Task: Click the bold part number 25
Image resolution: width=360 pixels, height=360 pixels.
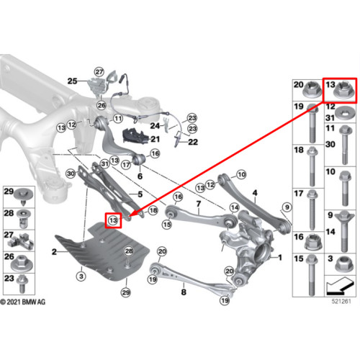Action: (72, 81)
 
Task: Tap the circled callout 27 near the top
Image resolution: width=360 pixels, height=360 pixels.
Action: (99, 72)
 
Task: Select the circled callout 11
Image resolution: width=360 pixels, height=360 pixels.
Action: (118, 119)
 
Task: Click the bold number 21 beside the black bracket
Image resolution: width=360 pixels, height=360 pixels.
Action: (155, 139)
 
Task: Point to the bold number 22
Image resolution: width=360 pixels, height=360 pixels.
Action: (193, 142)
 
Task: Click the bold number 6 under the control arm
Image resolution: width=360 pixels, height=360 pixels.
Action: (140, 176)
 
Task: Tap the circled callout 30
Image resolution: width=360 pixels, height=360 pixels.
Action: (71, 174)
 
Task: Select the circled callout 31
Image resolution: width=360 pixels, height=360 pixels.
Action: (104, 164)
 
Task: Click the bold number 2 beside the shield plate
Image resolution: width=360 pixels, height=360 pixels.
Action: (55, 252)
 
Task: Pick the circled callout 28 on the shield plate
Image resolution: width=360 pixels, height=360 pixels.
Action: (129, 251)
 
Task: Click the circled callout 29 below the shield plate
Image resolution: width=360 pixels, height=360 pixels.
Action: (126, 292)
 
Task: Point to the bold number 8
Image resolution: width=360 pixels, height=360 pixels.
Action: (184, 292)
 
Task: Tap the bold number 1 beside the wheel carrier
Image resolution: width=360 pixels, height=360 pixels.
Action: (280, 258)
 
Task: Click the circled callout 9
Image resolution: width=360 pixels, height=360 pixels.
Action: (287, 207)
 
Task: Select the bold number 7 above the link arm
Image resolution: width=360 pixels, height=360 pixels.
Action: (199, 204)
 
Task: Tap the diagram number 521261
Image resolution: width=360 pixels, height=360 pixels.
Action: (341, 301)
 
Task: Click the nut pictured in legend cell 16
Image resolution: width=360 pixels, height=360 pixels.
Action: (313, 243)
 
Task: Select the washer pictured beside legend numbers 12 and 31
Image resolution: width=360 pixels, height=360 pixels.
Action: (346, 114)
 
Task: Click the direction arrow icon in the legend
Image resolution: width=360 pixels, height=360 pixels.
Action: (340, 286)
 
